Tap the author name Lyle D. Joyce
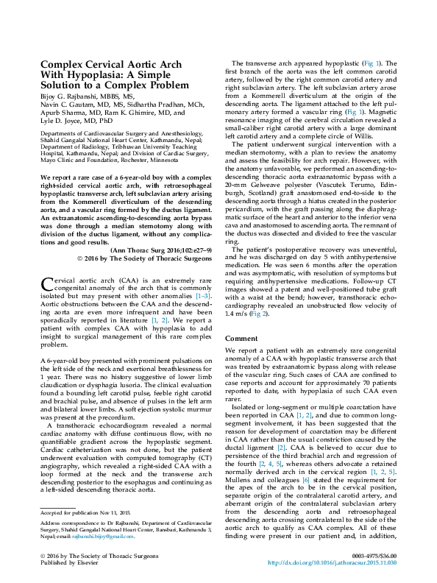click(x=61, y=119)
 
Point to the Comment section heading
click(x=241, y=338)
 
